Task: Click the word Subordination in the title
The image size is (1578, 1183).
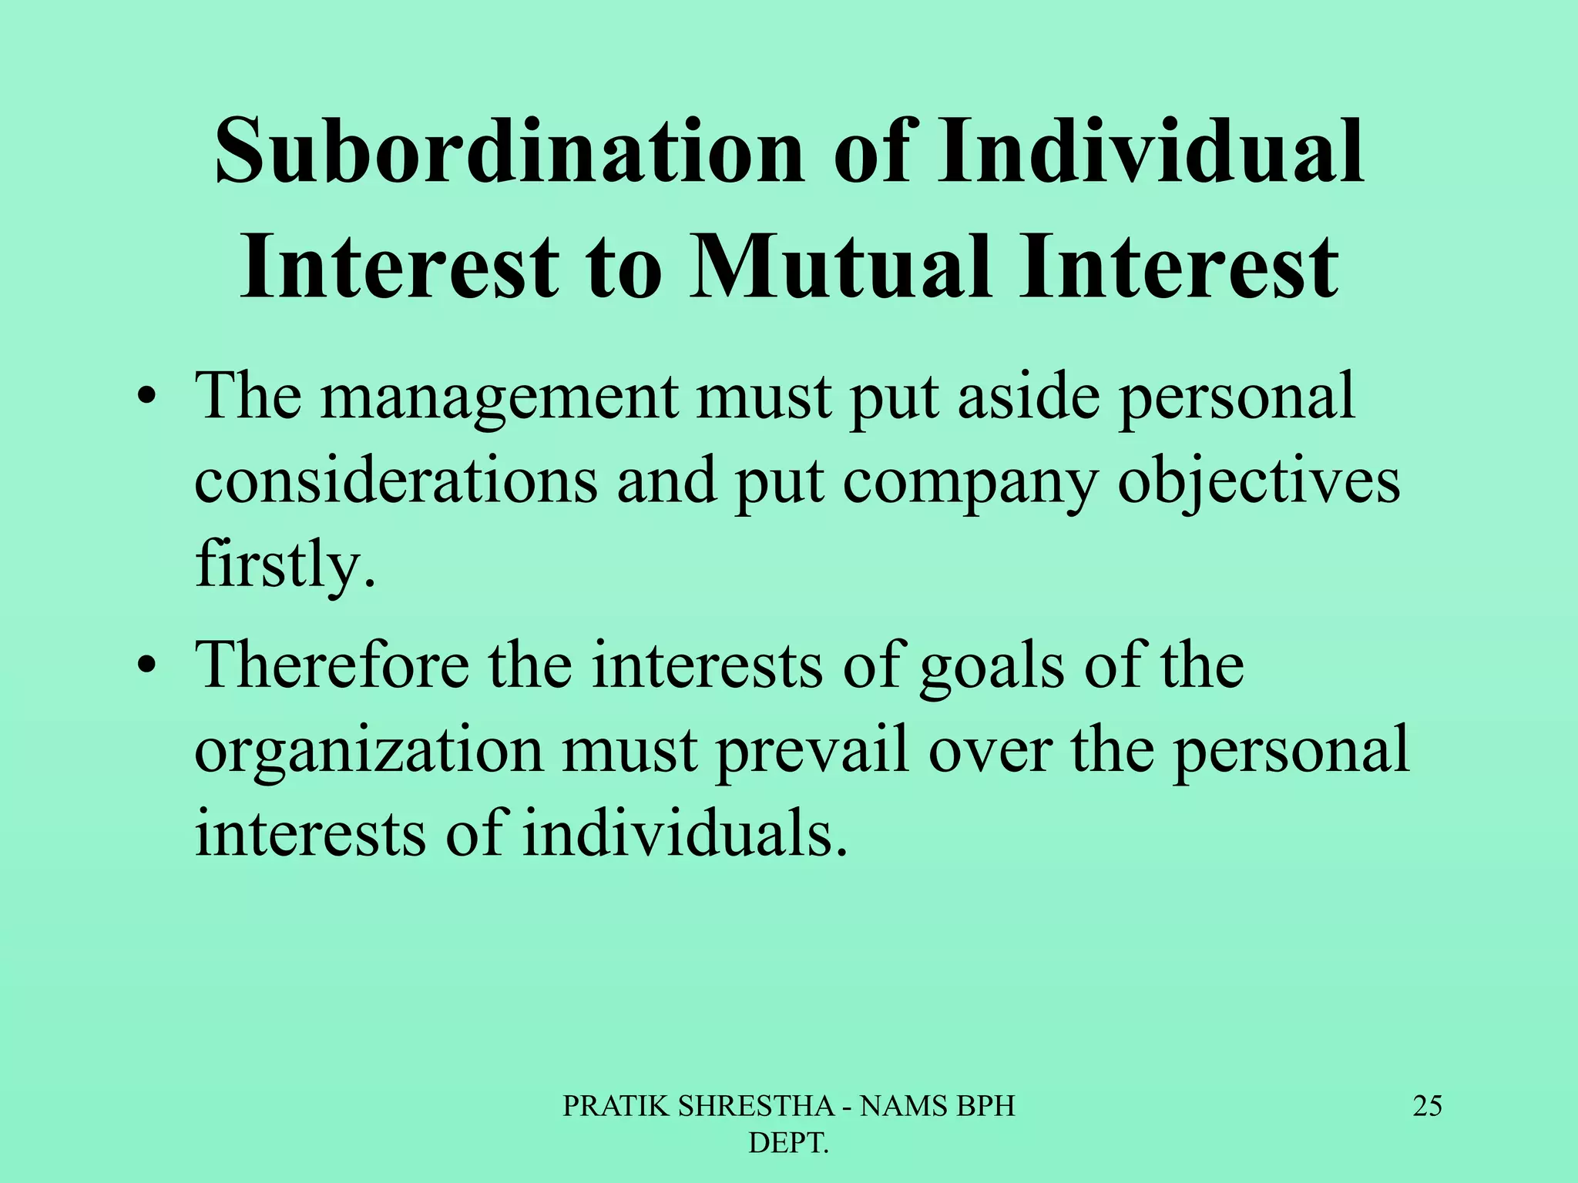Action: coord(509,152)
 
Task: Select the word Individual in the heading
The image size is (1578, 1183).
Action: coord(1150,152)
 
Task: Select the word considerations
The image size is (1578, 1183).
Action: coord(395,481)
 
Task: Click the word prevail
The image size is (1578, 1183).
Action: coord(812,751)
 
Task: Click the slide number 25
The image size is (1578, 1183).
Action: coord(1427,1106)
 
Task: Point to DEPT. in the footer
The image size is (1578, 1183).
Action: coord(788,1144)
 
